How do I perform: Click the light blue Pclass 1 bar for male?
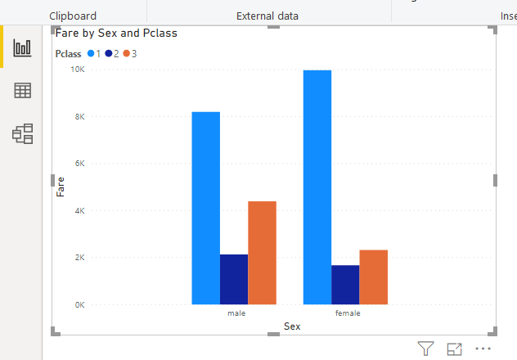coord(206,208)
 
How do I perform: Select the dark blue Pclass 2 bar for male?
coord(234,279)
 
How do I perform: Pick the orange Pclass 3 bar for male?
coord(262,253)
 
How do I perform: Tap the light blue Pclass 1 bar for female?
coord(317,187)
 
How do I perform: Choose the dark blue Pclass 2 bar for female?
coord(345,285)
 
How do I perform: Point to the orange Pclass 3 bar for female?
coord(373,277)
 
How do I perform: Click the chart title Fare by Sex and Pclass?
coord(116,34)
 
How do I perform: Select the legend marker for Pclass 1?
coord(91,54)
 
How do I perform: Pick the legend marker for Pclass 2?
coord(109,54)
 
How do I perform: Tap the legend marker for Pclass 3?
coord(127,54)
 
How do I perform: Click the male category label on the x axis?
coord(236,313)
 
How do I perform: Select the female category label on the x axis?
coord(348,313)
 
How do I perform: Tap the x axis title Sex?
coord(292,326)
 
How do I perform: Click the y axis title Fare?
coord(61,187)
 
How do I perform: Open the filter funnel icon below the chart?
coord(425,349)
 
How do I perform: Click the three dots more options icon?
coord(483,349)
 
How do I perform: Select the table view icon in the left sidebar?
coord(22,91)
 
